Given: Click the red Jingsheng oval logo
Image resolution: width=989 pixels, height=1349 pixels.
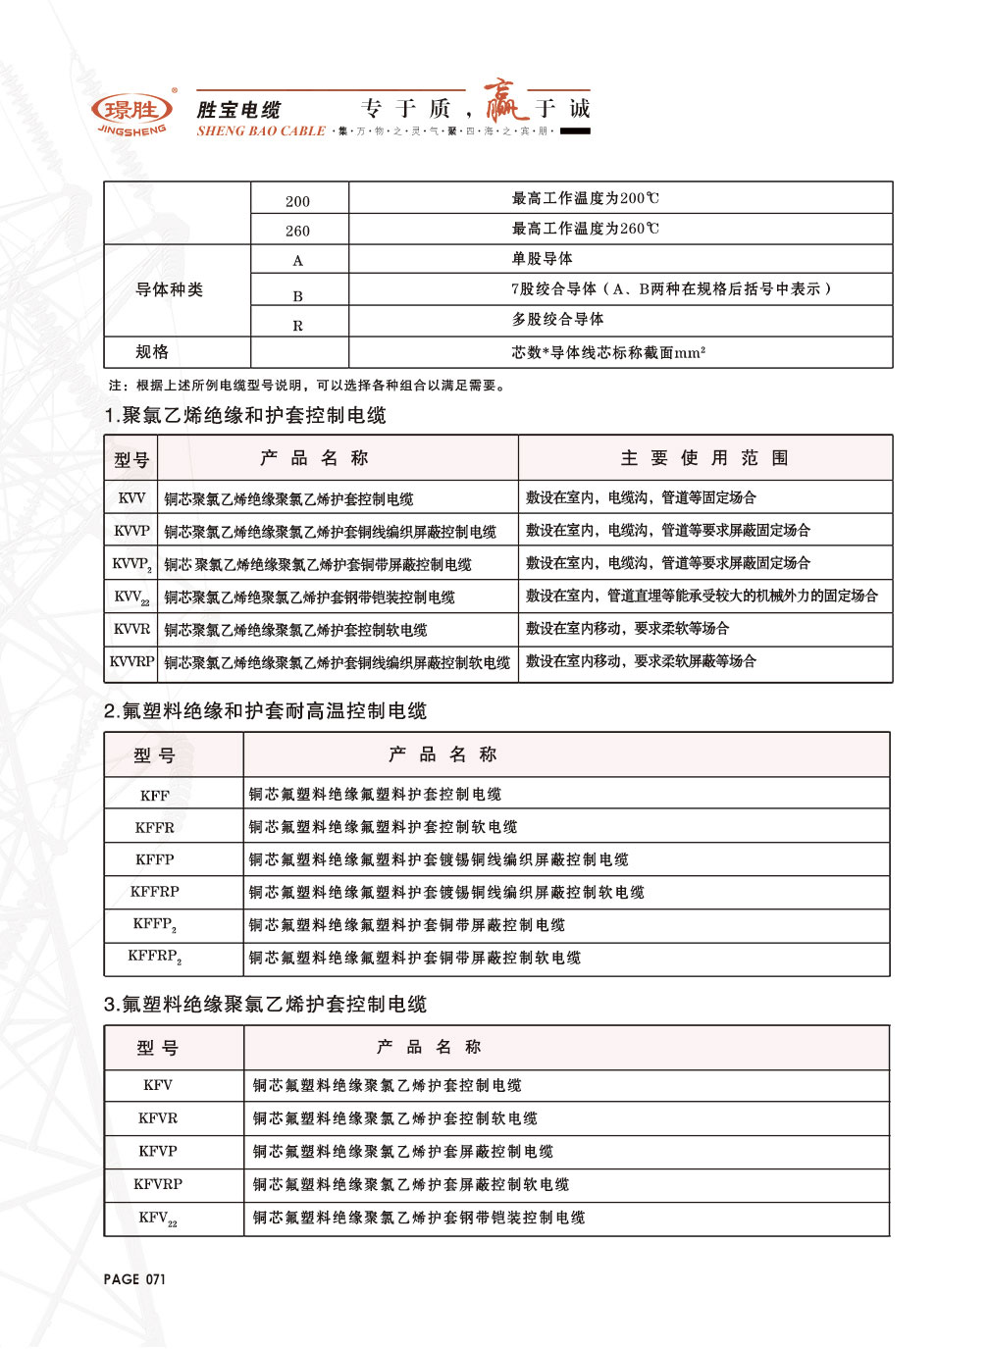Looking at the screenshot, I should pyautogui.click(x=131, y=109).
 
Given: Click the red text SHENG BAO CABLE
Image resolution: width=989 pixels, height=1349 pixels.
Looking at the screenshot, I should pyautogui.click(x=261, y=130).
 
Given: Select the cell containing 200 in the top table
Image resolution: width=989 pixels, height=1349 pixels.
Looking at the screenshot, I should pyautogui.click(x=298, y=201).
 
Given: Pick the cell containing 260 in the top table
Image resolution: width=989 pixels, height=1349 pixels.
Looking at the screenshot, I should pyautogui.click(x=298, y=231).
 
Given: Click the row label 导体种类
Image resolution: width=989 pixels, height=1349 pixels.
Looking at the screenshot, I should pyautogui.click(x=170, y=289).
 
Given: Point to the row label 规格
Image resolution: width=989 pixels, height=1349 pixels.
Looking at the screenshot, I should pyautogui.click(x=152, y=351).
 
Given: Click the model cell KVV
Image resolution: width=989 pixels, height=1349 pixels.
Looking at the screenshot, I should pyautogui.click(x=131, y=498).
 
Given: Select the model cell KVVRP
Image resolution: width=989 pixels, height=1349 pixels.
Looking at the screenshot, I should pyautogui.click(x=131, y=662).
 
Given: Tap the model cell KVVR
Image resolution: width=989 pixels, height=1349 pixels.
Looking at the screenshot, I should pyautogui.click(x=131, y=629).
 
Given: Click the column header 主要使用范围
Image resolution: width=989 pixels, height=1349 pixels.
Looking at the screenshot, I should pyautogui.click(x=704, y=458).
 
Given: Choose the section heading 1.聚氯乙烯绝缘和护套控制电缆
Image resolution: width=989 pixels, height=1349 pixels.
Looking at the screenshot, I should pyautogui.click(x=245, y=415).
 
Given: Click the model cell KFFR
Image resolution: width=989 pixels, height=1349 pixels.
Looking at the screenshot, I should pyautogui.click(x=155, y=827).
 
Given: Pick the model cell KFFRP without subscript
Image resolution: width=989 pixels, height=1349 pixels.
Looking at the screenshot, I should pyautogui.click(x=155, y=892).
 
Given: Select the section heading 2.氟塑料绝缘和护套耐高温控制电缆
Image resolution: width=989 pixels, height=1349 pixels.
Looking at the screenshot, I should pyautogui.click(x=265, y=711).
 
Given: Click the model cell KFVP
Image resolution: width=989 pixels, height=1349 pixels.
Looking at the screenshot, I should pyautogui.click(x=158, y=1151).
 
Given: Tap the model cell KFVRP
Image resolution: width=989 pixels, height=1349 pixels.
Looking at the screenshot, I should pyautogui.click(x=158, y=1184).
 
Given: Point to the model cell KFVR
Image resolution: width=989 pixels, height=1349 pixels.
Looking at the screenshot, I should pyautogui.click(x=158, y=1118).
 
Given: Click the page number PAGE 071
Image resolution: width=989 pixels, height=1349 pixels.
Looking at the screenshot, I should pyautogui.click(x=134, y=1279).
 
